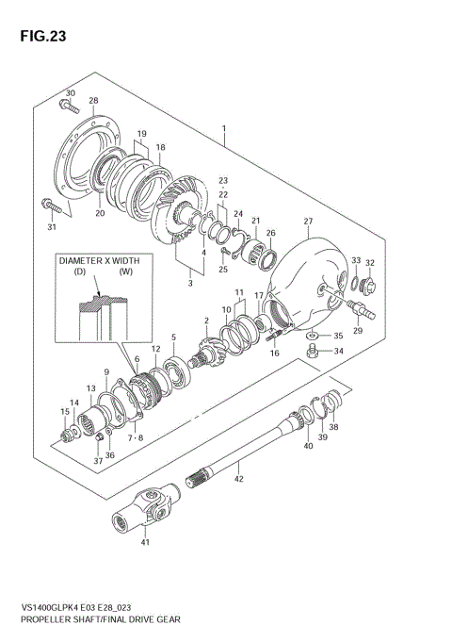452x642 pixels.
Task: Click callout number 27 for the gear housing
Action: [307, 222]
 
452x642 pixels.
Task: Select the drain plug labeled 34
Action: [313, 354]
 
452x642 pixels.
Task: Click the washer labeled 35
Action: [311, 335]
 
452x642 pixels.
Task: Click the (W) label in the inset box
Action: [125, 272]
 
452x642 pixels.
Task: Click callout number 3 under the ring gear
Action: [191, 281]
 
